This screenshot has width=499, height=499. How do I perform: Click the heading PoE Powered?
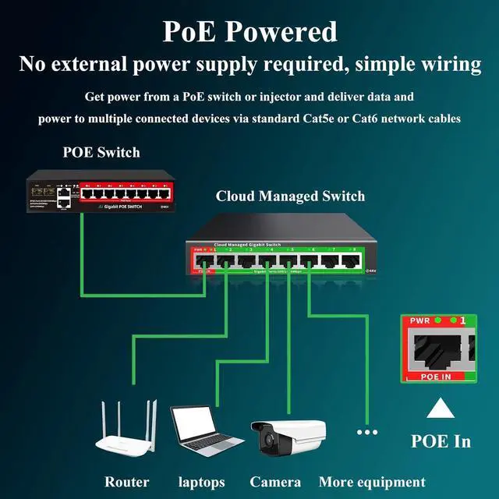[249, 31]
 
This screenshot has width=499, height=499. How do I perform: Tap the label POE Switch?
[101, 151]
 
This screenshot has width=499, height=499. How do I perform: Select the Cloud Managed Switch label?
[290, 196]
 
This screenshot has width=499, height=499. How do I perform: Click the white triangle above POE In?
[441, 409]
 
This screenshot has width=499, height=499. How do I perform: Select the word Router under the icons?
[126, 482]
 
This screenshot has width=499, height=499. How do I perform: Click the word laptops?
[201, 482]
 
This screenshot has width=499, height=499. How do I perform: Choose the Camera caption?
[275, 482]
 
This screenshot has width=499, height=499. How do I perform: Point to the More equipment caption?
[372, 482]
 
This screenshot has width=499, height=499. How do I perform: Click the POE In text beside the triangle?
[441, 441]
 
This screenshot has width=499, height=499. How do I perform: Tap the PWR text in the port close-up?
[415, 321]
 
